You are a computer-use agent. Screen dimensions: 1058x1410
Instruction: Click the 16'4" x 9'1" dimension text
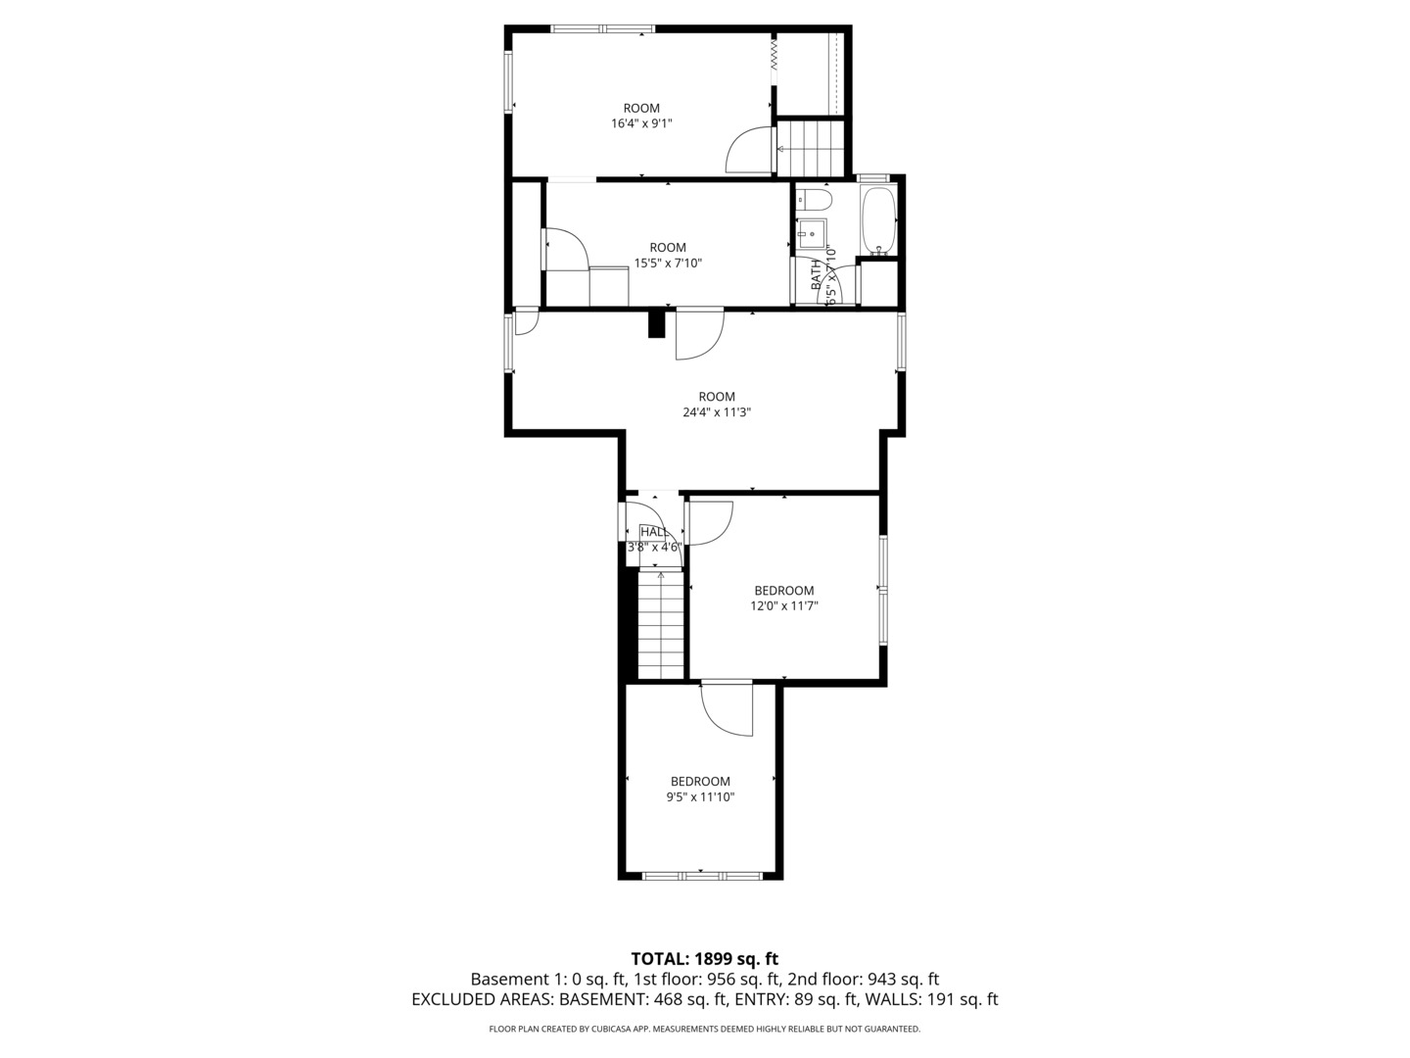641,123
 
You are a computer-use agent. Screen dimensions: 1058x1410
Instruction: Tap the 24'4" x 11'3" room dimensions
717,412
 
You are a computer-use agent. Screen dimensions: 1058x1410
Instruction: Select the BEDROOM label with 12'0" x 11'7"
783,591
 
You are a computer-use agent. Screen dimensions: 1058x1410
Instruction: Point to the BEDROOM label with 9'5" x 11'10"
700,782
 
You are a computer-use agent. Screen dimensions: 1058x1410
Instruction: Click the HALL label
653,532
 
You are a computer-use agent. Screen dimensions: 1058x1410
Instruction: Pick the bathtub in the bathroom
877,219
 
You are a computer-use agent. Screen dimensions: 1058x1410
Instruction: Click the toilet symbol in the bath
814,201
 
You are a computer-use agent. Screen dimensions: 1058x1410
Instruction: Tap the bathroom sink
812,234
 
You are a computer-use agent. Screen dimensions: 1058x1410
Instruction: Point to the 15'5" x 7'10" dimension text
668,263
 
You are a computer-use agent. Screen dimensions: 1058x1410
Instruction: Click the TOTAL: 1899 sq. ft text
704,958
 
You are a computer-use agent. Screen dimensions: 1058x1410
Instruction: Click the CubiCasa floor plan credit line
704,1029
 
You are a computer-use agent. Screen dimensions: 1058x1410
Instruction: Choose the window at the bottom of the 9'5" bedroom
701,875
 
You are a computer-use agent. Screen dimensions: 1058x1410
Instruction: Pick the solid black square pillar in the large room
656,323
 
